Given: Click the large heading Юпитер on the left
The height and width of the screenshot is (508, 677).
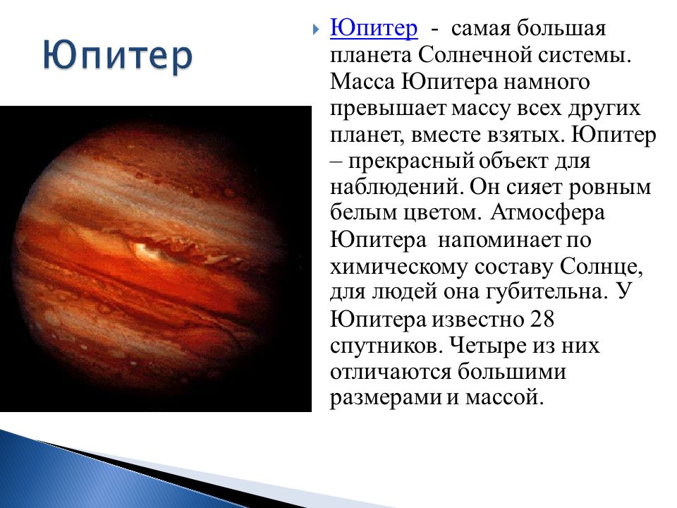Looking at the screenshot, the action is (118, 57).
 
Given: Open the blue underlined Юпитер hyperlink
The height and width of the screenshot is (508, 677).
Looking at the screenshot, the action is (374, 28).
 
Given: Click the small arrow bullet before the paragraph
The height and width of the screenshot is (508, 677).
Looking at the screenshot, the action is (316, 30).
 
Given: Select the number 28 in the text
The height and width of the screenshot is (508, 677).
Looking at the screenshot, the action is (542, 319).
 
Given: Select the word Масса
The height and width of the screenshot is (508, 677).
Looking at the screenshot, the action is (362, 82).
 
